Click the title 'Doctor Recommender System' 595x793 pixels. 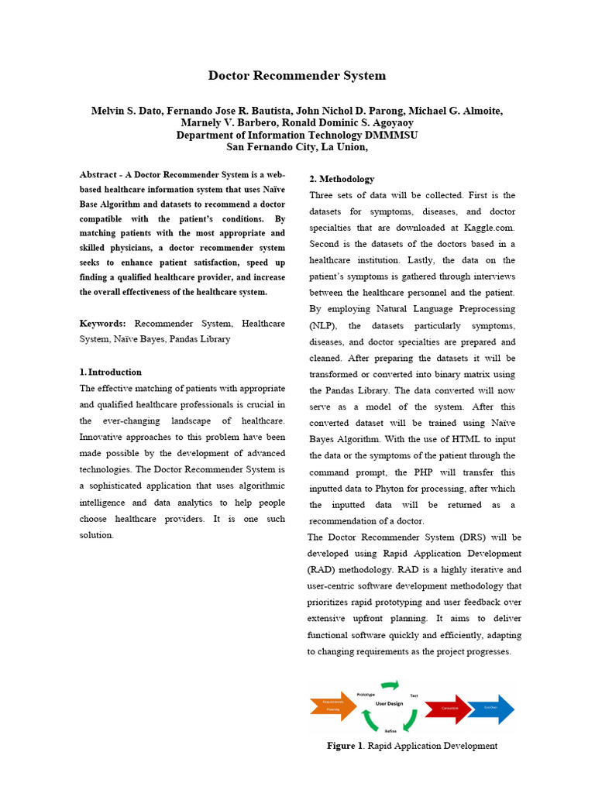click(297, 76)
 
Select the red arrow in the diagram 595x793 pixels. click(449, 708)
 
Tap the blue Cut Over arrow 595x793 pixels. click(490, 708)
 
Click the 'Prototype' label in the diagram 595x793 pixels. click(366, 695)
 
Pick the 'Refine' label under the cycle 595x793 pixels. click(391, 731)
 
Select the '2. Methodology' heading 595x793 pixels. click(342, 179)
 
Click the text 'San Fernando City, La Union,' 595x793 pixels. click(297, 146)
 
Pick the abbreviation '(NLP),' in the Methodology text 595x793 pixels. click(326, 325)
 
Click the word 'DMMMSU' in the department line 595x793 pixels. click(385, 135)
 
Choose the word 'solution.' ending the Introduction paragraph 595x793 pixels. click(97, 535)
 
